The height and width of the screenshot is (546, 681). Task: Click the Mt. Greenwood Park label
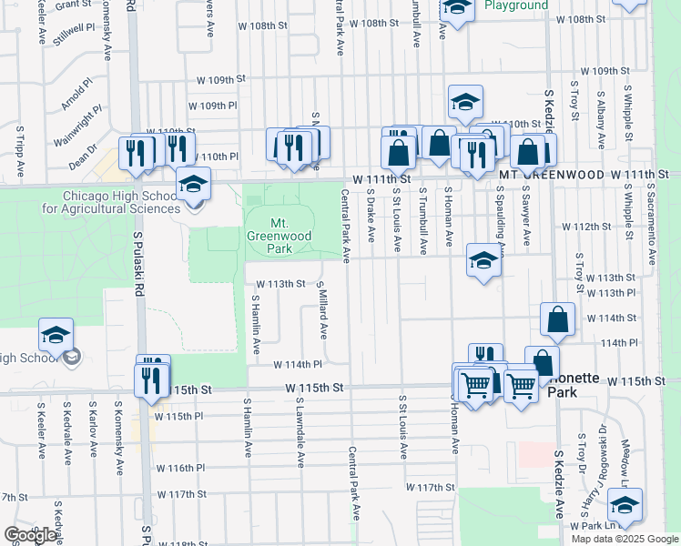[280, 235]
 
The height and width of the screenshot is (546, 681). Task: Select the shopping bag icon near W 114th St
[557, 319]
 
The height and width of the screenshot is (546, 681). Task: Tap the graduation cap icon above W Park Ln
[625, 506]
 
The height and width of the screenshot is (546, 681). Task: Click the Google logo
[29, 535]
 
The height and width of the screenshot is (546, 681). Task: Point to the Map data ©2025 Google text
[625, 539]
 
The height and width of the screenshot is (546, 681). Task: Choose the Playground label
[516, 5]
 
